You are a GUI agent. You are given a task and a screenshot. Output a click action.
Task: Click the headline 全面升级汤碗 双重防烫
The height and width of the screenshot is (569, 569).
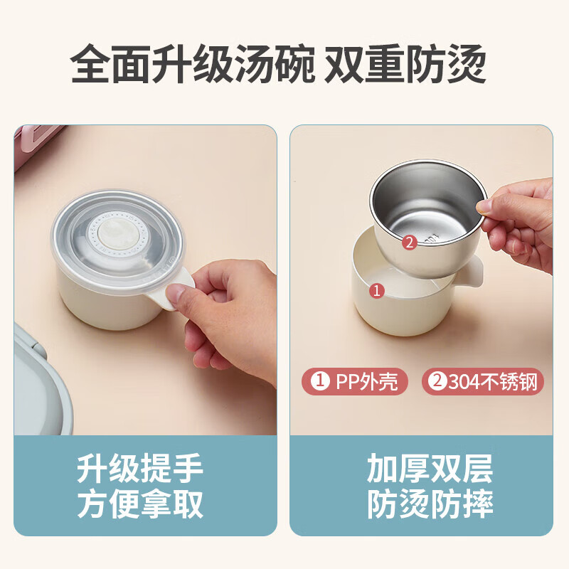[x=278, y=64]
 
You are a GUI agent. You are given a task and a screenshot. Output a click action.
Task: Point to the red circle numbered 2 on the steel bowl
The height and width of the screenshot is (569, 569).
[x=410, y=242]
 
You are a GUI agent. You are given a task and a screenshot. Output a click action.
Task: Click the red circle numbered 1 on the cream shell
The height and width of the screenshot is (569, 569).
[x=377, y=291]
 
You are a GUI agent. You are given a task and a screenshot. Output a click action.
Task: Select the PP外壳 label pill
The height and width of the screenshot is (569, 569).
[x=355, y=381]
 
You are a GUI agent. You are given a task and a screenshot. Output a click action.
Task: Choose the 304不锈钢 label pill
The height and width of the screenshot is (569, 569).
[x=483, y=381]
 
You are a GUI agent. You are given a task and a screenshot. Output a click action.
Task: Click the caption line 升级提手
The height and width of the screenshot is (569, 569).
[x=139, y=468]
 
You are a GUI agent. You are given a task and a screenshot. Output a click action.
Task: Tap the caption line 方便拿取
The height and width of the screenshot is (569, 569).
[x=139, y=504]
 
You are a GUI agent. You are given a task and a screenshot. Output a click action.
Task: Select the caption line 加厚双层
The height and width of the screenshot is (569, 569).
[x=430, y=468]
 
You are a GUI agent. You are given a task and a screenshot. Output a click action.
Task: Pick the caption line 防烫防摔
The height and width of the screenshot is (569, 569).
[x=430, y=504]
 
